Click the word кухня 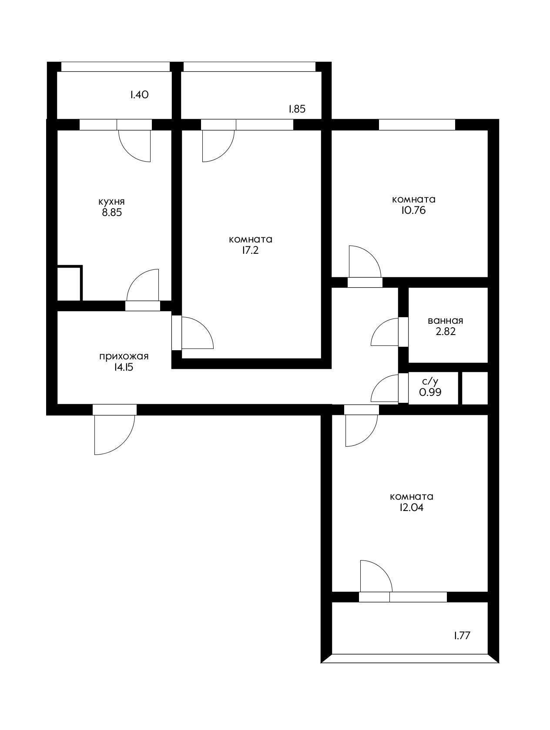pos(111,202)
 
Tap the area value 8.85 pos(111,213)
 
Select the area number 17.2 pos(250,251)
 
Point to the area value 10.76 pos(413,211)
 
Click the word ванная pos(445,321)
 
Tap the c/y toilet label pos(430,382)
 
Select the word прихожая pos(124,357)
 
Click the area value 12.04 pos(411,508)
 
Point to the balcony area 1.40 pos(139,95)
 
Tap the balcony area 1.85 pos(297,109)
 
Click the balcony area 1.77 pos(462,636)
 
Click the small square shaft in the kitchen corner pos(69,283)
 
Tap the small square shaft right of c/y pos(475,388)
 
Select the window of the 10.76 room pos(416,124)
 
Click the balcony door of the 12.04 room pos(375,578)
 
